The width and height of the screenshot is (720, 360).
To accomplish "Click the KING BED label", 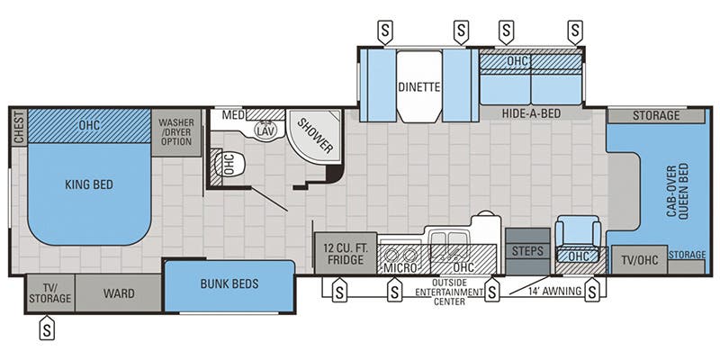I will (89, 184).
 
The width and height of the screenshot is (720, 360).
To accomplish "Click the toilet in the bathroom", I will (227, 165).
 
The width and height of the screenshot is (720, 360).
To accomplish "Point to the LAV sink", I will (265, 130).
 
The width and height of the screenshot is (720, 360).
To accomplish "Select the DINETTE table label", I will (418, 87).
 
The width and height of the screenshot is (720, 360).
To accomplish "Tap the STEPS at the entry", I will (526, 251).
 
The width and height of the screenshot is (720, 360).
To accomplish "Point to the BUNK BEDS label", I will (229, 284).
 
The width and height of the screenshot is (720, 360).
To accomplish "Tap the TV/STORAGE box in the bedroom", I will (49, 292).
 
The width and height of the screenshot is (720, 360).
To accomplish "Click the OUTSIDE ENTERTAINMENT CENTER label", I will (442, 294).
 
